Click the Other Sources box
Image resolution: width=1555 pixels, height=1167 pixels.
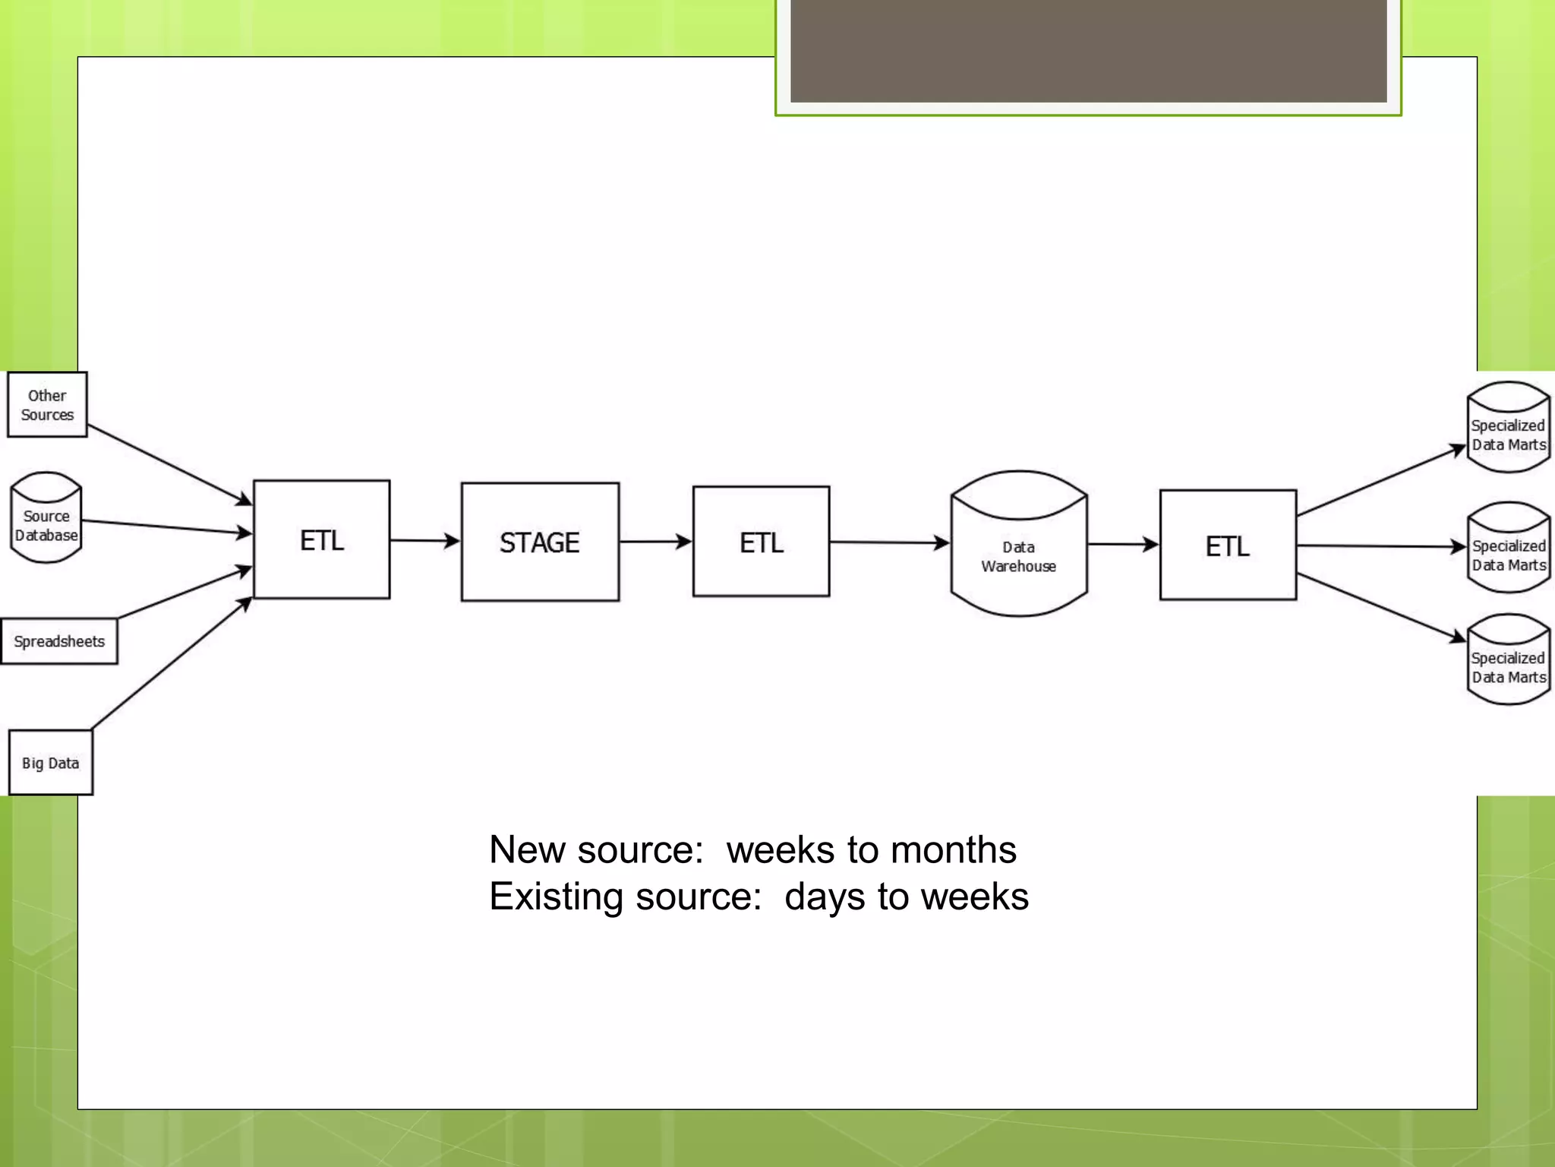coord(47,404)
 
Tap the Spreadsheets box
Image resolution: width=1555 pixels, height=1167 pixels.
coord(59,641)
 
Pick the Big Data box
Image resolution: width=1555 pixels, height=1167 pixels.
coord(51,762)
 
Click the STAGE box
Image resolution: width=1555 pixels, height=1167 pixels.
coord(540,542)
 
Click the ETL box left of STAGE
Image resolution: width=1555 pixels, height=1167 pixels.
coord(322,539)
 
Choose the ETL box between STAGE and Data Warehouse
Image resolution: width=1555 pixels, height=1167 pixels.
coord(761,542)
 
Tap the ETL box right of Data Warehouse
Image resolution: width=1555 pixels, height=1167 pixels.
coord(1228,545)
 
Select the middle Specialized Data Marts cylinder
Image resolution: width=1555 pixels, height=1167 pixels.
coord(1508,548)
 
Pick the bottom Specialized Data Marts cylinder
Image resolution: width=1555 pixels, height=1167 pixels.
coord(1508,660)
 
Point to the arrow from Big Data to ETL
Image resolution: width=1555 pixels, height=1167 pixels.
coord(171,663)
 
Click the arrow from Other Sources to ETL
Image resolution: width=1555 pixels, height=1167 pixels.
coord(169,464)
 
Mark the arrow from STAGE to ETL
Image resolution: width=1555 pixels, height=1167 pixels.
coord(655,542)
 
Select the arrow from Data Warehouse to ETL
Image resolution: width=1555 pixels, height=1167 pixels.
coord(1123,544)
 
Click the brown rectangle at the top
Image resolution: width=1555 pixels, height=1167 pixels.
coord(1088,50)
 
